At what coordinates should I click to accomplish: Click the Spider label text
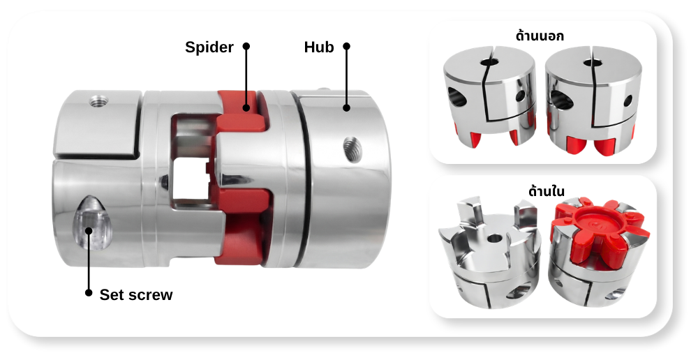pos(209,47)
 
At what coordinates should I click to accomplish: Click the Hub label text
pos(319,47)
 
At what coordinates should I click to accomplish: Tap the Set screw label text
pos(136,294)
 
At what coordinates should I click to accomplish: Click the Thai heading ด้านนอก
pos(540,35)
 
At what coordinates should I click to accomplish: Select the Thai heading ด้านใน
pos(547,190)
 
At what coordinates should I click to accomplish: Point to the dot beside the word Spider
pos(246,46)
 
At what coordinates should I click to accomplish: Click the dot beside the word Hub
pos(347,46)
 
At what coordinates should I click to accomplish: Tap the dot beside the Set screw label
pos(89,293)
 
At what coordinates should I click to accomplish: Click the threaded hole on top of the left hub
pos(99,102)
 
